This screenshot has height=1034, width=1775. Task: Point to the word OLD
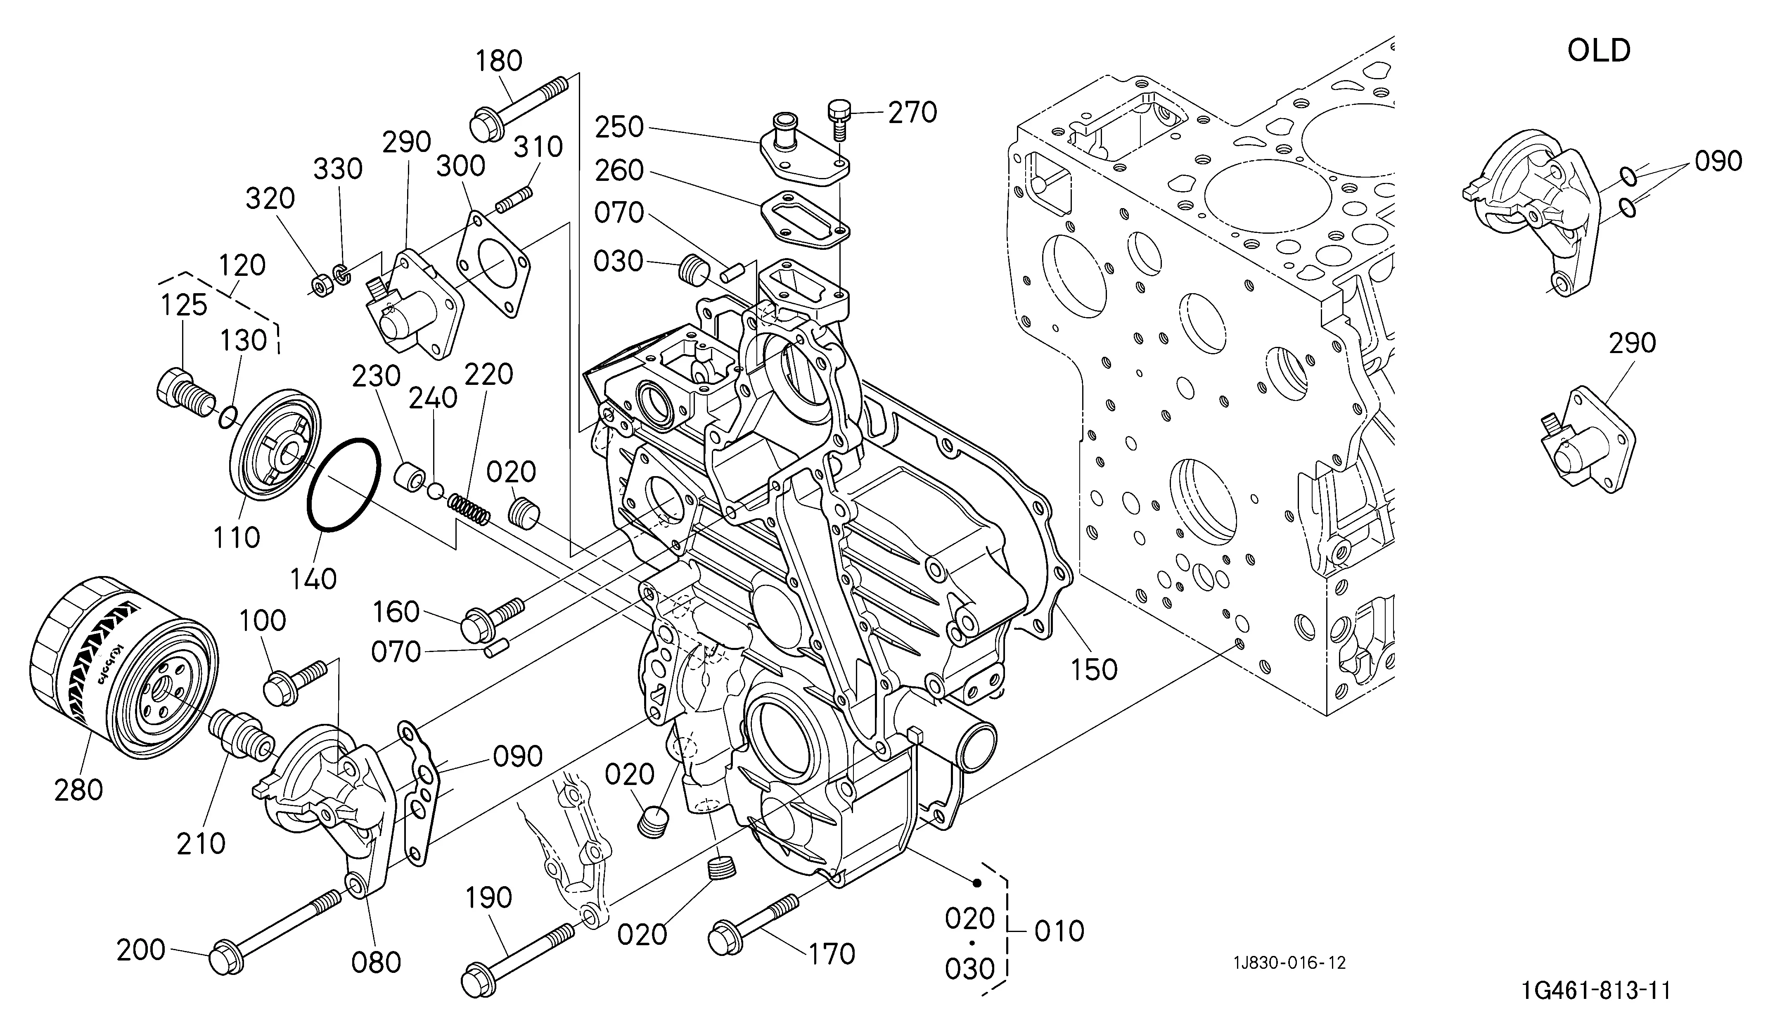pyautogui.click(x=1599, y=51)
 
